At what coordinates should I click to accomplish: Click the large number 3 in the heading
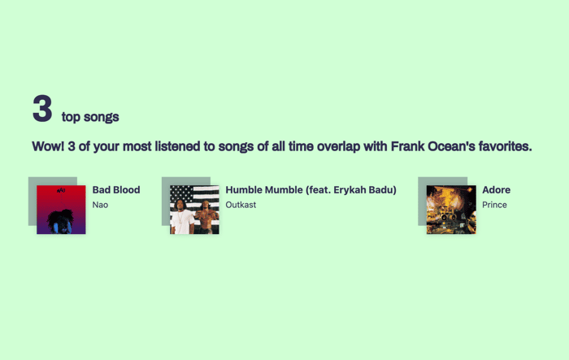click(x=42, y=109)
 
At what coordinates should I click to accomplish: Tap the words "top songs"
click(x=90, y=117)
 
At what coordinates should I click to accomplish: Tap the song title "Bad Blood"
click(x=116, y=190)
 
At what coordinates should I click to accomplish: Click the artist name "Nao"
click(x=100, y=205)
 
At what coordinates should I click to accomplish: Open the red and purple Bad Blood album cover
click(x=61, y=210)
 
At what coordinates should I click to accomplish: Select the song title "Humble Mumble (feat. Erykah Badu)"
click(x=311, y=190)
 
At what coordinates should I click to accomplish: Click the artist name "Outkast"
click(x=241, y=205)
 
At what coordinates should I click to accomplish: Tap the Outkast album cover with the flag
click(x=194, y=210)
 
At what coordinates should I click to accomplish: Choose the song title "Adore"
click(x=497, y=190)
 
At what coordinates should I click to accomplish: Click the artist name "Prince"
click(x=494, y=205)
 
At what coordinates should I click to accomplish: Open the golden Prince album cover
click(x=451, y=210)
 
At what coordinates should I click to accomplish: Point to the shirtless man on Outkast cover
click(x=207, y=217)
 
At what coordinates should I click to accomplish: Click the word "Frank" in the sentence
click(x=407, y=146)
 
